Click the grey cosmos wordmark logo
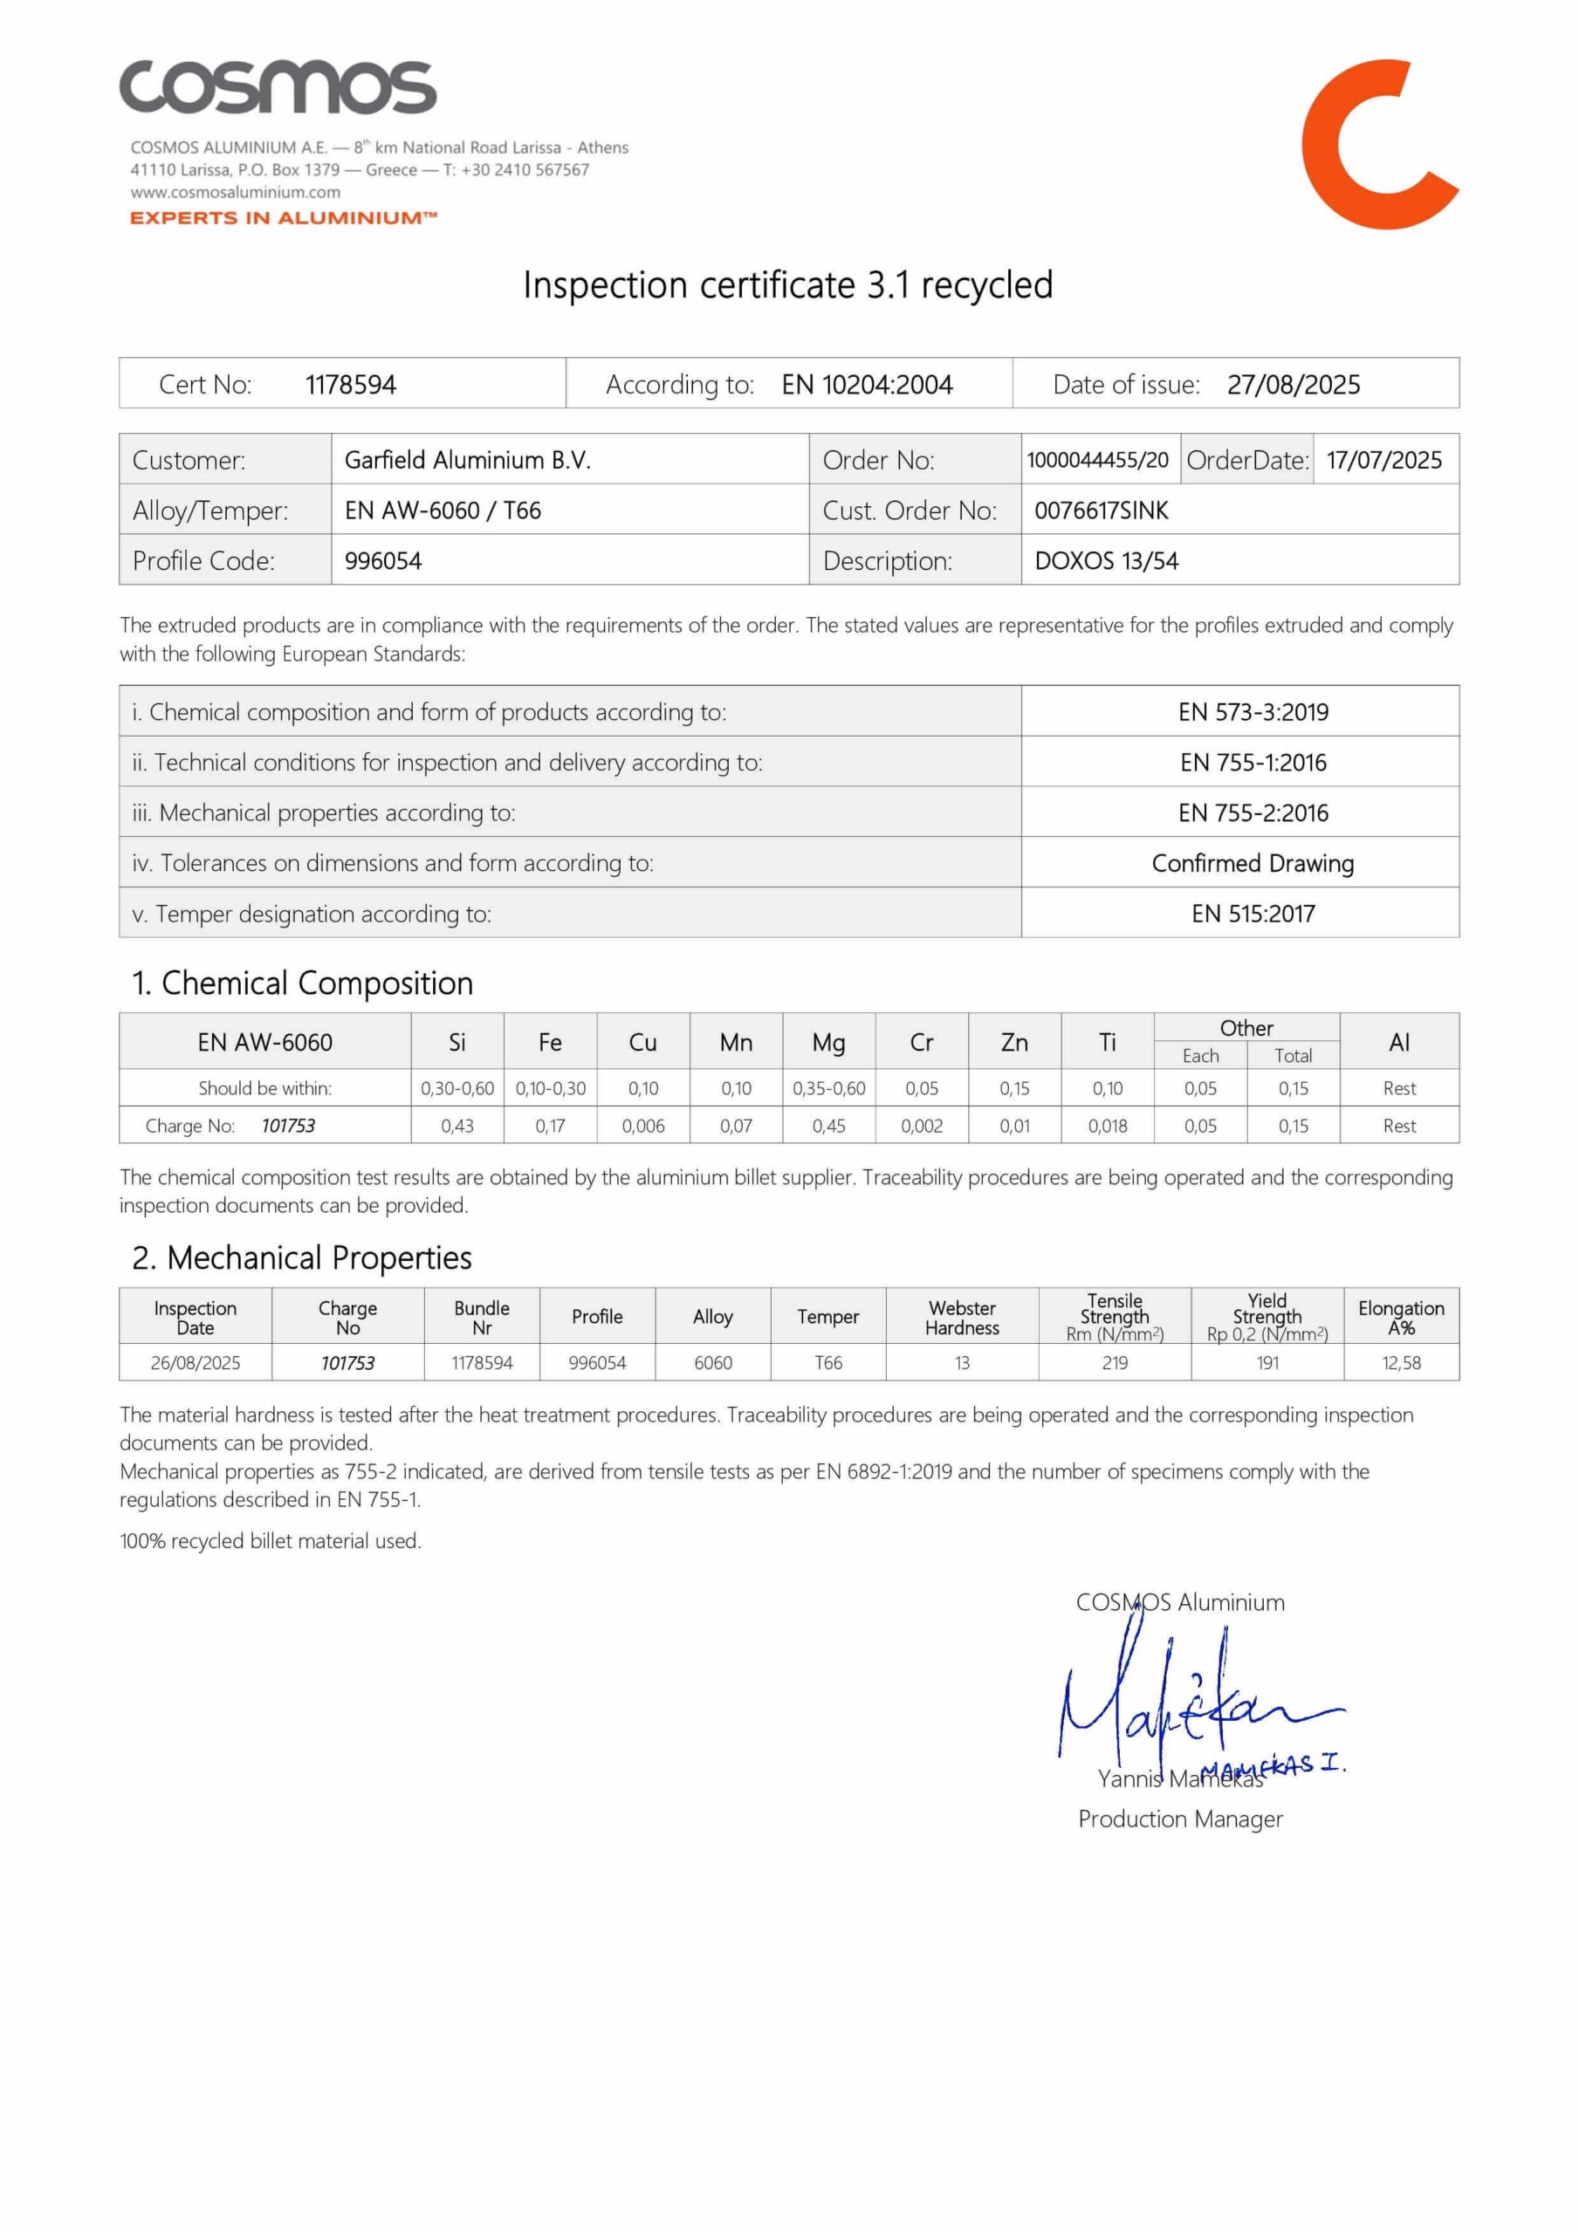coord(278,87)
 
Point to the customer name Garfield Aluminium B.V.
coord(467,459)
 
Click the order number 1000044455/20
coord(1097,459)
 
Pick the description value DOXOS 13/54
coord(1106,560)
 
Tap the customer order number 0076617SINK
coord(1101,510)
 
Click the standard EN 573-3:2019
coord(1253,711)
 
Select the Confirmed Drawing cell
coord(1253,863)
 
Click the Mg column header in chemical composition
coord(828,1042)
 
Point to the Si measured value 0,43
coord(457,1126)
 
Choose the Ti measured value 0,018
coord(1107,1126)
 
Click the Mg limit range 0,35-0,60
coord(828,1088)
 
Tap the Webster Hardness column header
coord(962,1318)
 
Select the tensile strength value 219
coord(1115,1362)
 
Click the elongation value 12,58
coord(1401,1362)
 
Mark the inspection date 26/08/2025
coord(195,1362)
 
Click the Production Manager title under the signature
coord(1180,1819)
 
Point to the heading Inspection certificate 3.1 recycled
coord(787,285)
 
